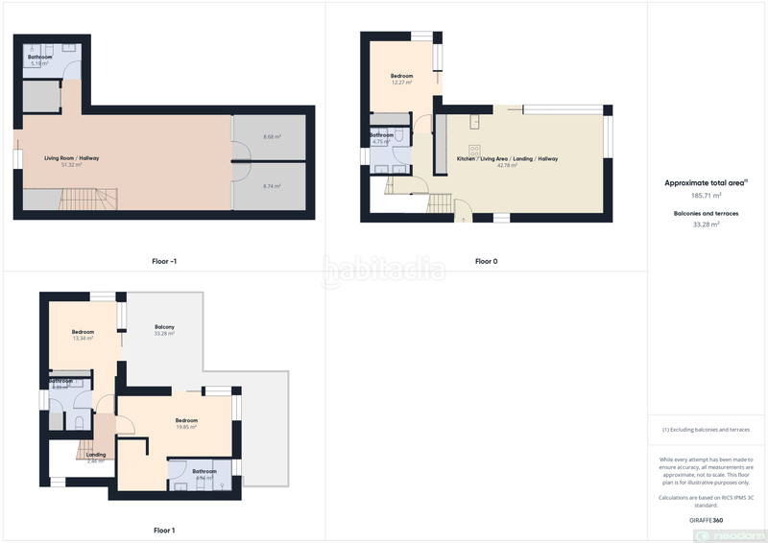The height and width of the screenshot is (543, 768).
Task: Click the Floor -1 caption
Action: pos(163,261)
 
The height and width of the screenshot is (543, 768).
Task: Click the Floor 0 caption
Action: pos(486,261)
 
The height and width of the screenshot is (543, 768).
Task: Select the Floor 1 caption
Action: pos(164,530)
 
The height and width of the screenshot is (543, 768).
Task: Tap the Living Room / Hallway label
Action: pos(72,160)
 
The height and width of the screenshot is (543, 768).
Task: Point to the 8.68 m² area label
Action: pos(271,137)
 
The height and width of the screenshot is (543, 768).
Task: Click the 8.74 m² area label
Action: pos(271,186)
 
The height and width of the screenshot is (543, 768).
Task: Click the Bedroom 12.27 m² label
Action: pos(401,79)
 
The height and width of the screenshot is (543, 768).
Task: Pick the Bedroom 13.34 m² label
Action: pos(83,335)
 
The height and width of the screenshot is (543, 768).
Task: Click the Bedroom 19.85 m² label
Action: pos(186,423)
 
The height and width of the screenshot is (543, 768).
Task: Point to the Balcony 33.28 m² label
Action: pos(164,330)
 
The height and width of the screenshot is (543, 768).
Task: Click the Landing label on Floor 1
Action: pos(96,457)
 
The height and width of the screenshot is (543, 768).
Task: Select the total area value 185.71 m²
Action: pos(707,195)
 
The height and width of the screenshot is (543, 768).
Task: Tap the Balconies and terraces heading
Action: pos(707,213)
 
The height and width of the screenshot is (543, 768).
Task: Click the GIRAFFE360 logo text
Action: pos(707,519)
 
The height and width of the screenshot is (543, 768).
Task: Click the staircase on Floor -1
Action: pos(86,200)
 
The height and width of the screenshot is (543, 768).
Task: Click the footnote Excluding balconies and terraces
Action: pos(707,430)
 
